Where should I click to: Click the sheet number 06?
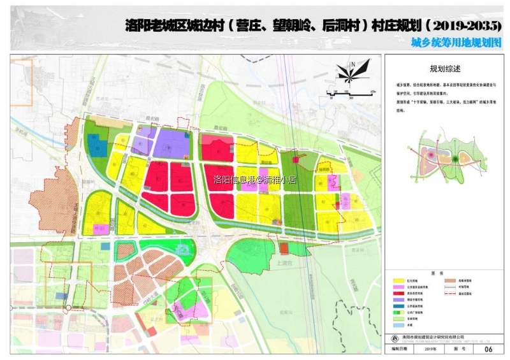click(x=489, y=349)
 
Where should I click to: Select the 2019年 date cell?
click(x=430, y=349)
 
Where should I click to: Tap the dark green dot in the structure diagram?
click(x=456, y=159)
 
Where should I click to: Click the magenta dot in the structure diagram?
click(x=431, y=154)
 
